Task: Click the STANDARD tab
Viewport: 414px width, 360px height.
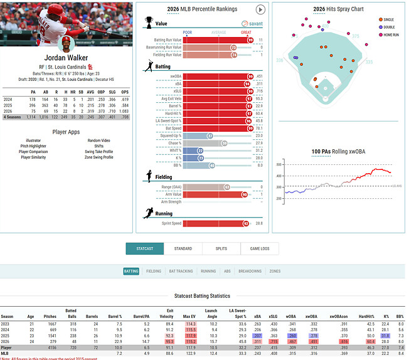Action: [183, 249]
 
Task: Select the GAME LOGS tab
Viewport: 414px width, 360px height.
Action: [259, 249]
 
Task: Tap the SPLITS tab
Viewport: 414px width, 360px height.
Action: [221, 249]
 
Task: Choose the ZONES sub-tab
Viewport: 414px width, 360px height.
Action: [275, 272]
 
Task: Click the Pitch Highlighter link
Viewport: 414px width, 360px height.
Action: [33, 146]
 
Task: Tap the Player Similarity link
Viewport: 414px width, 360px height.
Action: [33, 157]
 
